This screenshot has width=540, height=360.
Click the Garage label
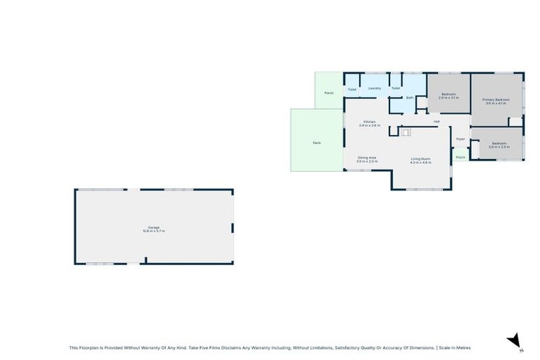(x=153, y=227)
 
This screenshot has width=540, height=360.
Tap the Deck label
(x=316, y=143)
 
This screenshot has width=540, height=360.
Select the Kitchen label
(x=369, y=122)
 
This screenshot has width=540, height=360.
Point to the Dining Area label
(x=367, y=157)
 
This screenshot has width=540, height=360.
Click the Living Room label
(x=420, y=158)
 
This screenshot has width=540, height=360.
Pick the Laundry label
(x=374, y=88)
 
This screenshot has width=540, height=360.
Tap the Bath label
(x=409, y=98)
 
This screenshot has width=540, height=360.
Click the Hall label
(x=436, y=122)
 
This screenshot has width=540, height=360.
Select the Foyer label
(x=461, y=139)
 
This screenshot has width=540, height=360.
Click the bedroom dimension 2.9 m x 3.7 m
(x=449, y=98)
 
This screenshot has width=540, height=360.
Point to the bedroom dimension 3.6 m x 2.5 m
(x=499, y=147)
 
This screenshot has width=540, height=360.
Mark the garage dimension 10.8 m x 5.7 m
(x=153, y=231)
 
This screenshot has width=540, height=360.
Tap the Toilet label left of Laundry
(x=352, y=89)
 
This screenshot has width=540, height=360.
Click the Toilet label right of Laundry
(x=396, y=89)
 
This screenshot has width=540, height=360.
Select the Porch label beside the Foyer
(x=461, y=157)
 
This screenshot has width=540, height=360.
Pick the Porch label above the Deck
(x=328, y=94)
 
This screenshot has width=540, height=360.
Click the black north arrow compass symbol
(x=515, y=340)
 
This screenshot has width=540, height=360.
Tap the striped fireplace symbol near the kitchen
(x=404, y=131)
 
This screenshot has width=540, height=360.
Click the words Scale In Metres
(x=455, y=347)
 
